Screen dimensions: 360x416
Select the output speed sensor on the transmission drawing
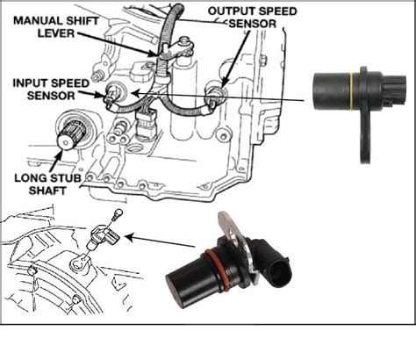tap(212, 90)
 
